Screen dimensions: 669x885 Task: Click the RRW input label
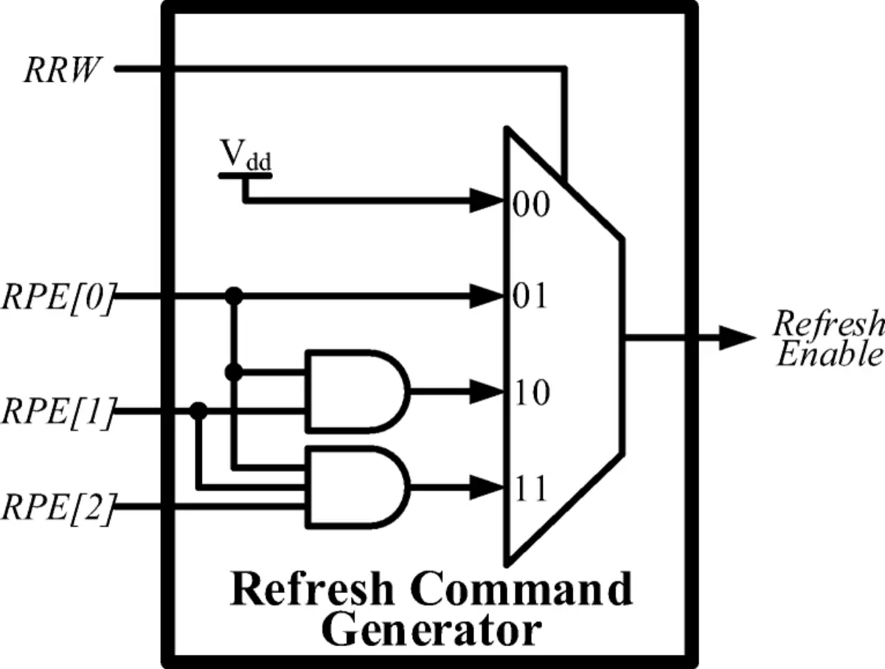pos(61,71)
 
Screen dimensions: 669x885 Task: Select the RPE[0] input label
pos(58,298)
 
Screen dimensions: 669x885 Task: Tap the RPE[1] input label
pos(58,412)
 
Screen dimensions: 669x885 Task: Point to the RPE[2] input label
pos(58,508)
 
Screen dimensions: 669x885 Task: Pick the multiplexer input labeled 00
pos(531,204)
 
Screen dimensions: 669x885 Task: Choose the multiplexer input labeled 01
pos(530,297)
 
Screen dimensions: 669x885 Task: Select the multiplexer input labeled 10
pos(531,393)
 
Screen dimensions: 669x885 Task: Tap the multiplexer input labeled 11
pos(530,488)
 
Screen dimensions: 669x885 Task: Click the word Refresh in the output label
pos(827,324)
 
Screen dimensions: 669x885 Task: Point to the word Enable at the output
pos(830,355)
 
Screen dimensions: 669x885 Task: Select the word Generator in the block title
pos(432,631)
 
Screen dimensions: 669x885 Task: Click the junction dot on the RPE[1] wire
pos(198,411)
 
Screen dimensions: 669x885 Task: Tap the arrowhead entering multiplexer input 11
pos(488,487)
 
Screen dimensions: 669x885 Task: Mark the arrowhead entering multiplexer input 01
pos(488,297)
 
